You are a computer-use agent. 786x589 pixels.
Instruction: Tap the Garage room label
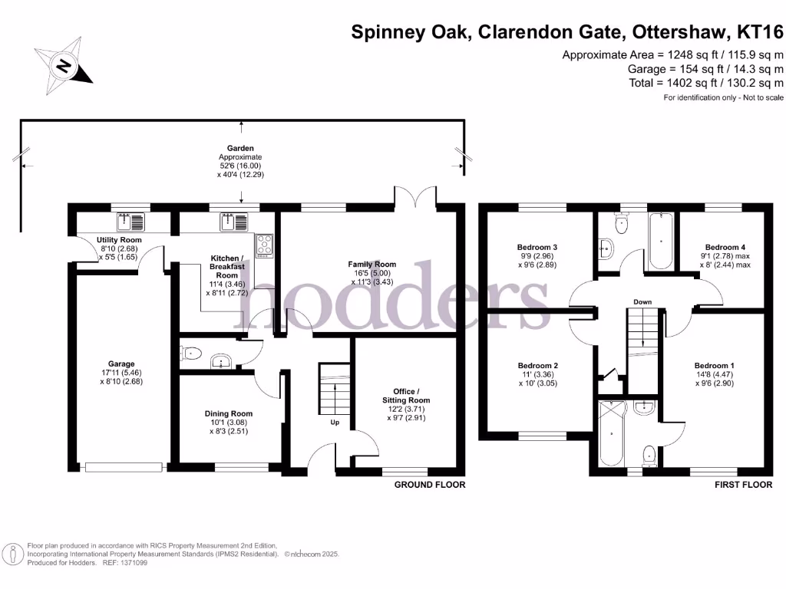click(121, 364)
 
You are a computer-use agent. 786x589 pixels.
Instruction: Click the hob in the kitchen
click(265, 245)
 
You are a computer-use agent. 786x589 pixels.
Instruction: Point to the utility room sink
click(130, 222)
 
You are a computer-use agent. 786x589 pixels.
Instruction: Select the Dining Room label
click(228, 413)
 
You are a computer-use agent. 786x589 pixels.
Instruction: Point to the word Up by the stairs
click(334, 422)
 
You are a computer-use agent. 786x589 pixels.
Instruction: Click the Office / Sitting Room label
click(406, 396)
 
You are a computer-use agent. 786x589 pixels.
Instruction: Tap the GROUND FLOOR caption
click(430, 485)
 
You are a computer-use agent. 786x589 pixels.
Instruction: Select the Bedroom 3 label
click(537, 247)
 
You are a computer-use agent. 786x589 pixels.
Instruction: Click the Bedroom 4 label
click(724, 247)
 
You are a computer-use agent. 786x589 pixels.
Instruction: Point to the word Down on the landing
click(642, 302)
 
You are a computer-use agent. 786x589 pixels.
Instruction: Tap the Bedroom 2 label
click(537, 365)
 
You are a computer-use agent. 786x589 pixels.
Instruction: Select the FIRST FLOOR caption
click(743, 485)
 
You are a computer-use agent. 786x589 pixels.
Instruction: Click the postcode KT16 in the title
click(759, 31)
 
